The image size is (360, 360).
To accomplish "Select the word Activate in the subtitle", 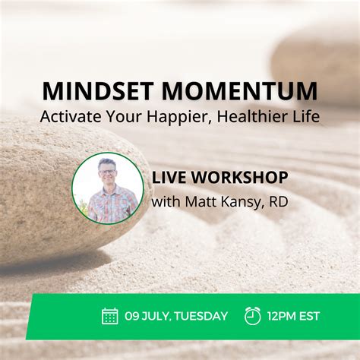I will pos(72,118).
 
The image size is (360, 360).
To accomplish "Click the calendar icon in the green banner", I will pos(110,316).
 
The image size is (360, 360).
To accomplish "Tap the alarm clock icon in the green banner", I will pos(253,316).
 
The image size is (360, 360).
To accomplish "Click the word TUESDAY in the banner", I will pos(201,317).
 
